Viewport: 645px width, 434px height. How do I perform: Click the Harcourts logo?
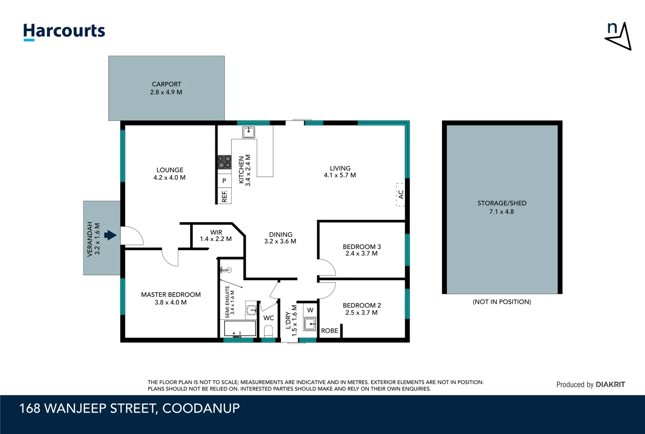pyautogui.click(x=64, y=32)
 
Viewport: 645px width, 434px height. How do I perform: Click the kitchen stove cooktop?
pyautogui.click(x=224, y=162)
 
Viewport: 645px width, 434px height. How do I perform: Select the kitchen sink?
pyautogui.click(x=249, y=132)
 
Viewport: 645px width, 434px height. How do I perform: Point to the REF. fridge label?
pyautogui.click(x=225, y=196)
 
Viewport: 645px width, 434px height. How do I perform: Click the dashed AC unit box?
pyautogui.click(x=400, y=195)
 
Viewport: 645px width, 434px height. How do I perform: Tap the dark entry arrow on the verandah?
pyautogui.click(x=110, y=235)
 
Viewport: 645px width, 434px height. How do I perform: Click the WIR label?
pyautogui.click(x=216, y=232)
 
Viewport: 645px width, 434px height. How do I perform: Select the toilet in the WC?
pyautogui.click(x=268, y=331)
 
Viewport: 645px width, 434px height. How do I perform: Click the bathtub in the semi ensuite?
pyautogui.click(x=240, y=328)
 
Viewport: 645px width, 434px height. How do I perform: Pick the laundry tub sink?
pyautogui.click(x=310, y=324)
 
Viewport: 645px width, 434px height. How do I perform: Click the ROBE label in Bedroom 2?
pyautogui.click(x=330, y=331)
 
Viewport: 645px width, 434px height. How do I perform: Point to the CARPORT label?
pyautogui.click(x=167, y=84)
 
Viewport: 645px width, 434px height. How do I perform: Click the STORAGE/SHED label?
pyautogui.click(x=502, y=203)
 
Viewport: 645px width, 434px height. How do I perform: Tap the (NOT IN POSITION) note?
pyautogui.click(x=502, y=302)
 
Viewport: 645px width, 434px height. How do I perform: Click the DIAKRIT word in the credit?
pyautogui.click(x=610, y=385)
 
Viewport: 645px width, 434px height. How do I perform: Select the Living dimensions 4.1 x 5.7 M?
pyautogui.click(x=340, y=175)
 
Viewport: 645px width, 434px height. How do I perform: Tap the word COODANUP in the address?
pyautogui.click(x=201, y=408)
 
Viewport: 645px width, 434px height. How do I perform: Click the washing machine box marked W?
pyautogui.click(x=310, y=310)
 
